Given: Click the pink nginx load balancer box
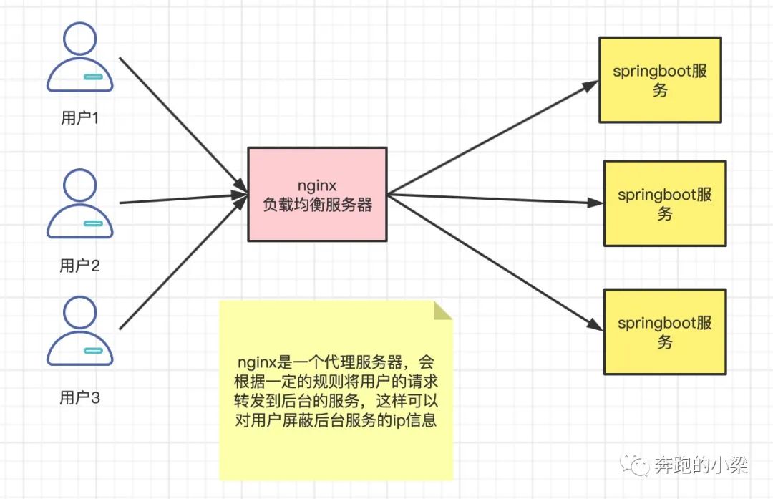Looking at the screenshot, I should pos(317,193).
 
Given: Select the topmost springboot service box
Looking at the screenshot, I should pos(659,79).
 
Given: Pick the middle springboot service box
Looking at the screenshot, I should pos(665,203).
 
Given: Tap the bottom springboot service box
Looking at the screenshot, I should pos(665,331).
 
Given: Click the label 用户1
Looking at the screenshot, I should pos(79,118).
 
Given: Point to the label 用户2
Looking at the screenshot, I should pos(79,266).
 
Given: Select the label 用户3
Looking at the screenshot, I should pos(79,398).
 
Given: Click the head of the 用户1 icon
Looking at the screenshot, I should pos(79,39).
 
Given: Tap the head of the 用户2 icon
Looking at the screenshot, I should pos(79,185).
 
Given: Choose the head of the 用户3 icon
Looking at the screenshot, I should pos(79,313).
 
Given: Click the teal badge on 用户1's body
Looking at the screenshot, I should pos(93,77).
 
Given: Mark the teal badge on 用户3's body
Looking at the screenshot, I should pos(93,351).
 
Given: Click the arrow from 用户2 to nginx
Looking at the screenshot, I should pos(179,198).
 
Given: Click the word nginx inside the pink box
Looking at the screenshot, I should pos(317,185).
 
